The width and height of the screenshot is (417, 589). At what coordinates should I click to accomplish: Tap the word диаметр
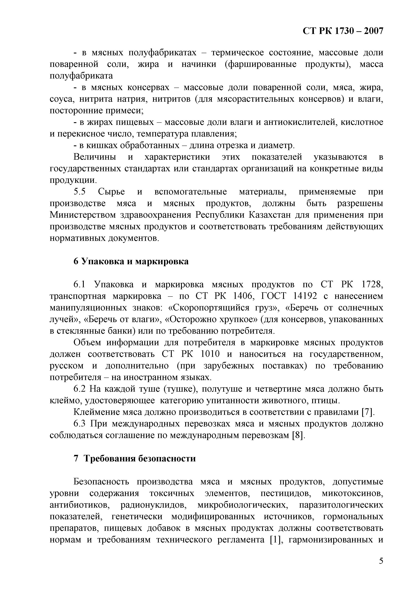(276, 146)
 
